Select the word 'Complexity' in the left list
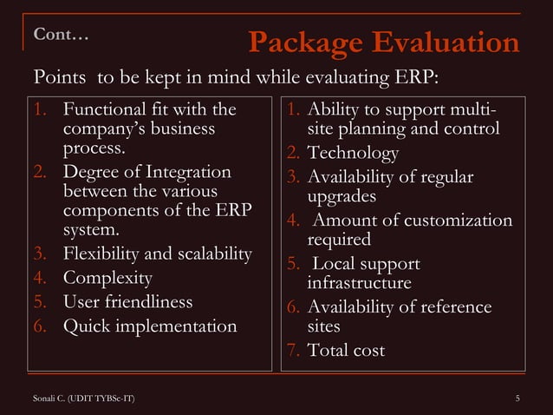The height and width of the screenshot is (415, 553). (108, 279)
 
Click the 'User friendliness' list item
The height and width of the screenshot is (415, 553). (128, 303)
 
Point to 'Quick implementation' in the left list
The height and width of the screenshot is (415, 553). (150, 326)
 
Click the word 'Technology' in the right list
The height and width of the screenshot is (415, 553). (353, 154)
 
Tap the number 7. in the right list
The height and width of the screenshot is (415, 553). (293, 351)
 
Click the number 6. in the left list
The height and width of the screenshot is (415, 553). (40, 326)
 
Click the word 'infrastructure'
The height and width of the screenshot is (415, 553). (359, 284)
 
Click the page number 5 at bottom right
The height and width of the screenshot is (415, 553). (517, 398)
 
